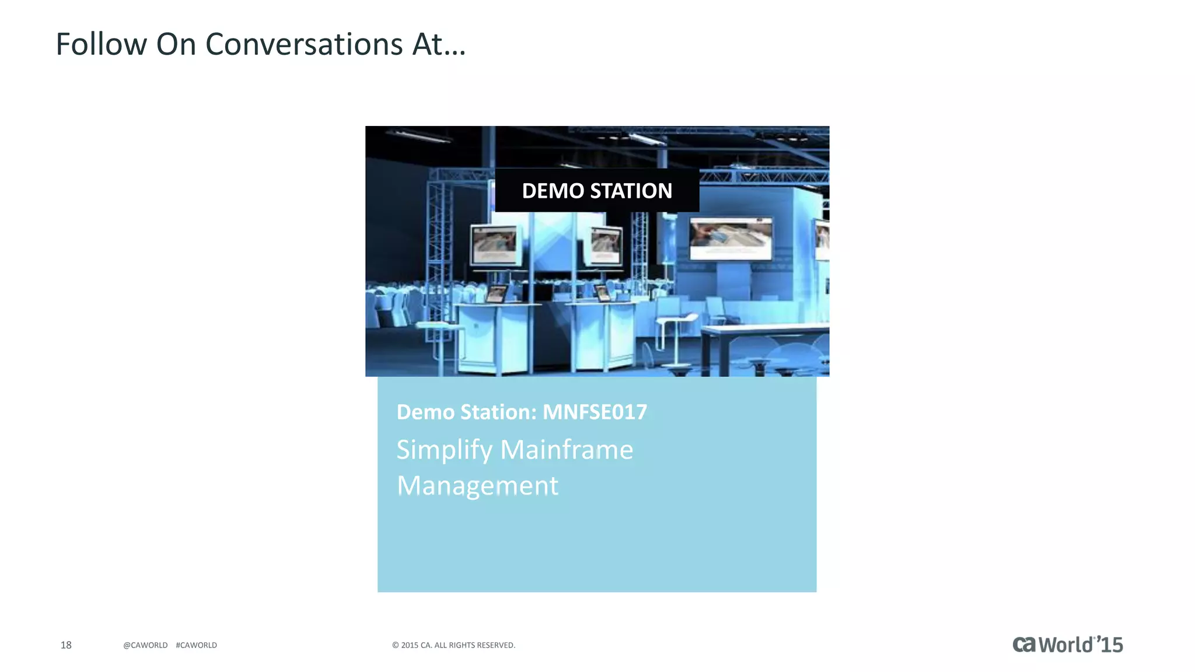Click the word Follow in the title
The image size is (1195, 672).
101,44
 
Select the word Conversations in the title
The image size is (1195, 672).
304,44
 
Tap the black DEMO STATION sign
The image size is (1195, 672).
597,191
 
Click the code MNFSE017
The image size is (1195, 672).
595,412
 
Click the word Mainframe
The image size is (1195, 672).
567,450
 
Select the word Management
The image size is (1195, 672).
477,485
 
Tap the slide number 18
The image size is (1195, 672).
66,645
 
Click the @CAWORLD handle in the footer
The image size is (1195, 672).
145,645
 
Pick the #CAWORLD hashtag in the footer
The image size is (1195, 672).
196,645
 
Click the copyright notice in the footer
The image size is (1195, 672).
453,645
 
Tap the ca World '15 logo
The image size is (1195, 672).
1067,645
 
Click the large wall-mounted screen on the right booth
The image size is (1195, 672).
731,239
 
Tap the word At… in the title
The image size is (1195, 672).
439,44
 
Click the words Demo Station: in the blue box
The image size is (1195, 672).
466,412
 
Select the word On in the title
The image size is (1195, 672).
176,44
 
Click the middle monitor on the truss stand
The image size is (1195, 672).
605,245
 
